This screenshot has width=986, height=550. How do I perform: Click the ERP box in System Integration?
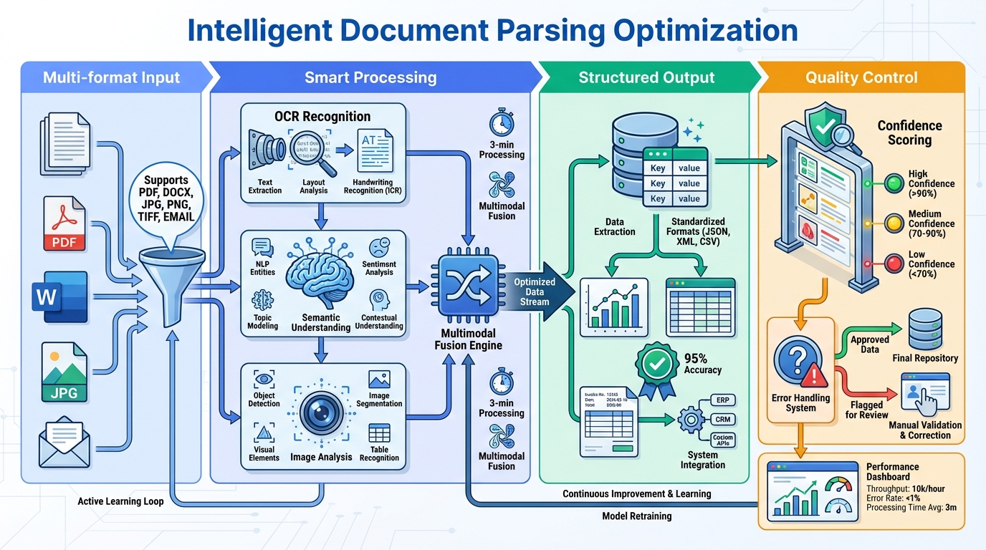point(723,400)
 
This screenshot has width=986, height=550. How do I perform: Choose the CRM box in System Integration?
point(723,420)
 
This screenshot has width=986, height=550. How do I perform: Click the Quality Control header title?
point(861,77)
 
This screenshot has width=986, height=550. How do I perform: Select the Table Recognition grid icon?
point(379,433)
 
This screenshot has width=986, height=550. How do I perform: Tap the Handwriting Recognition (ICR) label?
point(373,186)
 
